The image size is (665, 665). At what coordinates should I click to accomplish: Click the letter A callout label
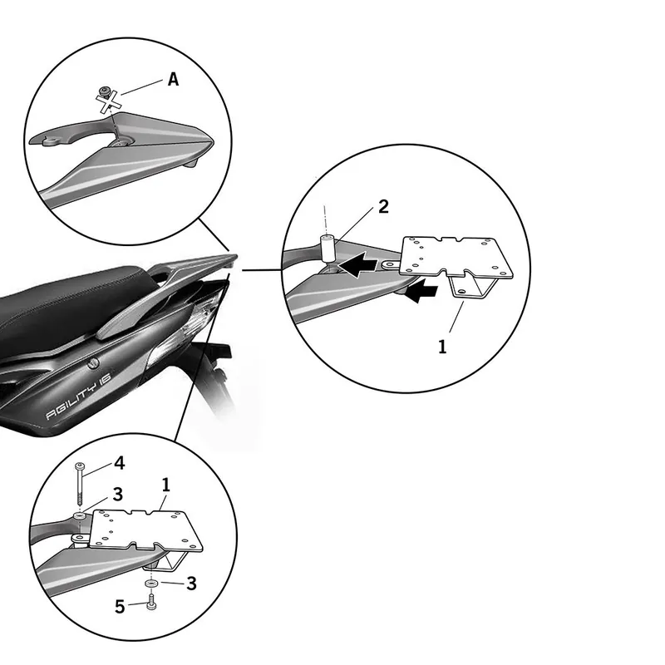(173, 79)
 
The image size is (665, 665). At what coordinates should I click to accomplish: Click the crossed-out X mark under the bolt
(108, 103)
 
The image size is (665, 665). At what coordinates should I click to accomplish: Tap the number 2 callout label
(383, 207)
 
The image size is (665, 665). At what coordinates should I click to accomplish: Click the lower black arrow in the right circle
(421, 290)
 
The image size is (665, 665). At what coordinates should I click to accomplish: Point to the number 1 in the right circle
(442, 347)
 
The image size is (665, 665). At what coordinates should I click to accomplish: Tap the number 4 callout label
(120, 463)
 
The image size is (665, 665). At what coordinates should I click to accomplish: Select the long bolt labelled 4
(79, 484)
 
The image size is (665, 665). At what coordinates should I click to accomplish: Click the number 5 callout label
(120, 607)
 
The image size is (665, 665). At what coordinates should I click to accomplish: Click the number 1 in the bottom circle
(165, 485)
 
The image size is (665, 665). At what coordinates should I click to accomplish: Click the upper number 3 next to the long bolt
(118, 495)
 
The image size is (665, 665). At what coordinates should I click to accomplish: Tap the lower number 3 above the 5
(192, 584)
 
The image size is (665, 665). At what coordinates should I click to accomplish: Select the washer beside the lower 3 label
(151, 584)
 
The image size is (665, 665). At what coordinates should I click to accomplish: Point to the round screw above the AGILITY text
(93, 362)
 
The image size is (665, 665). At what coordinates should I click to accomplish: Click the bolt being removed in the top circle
(103, 91)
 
